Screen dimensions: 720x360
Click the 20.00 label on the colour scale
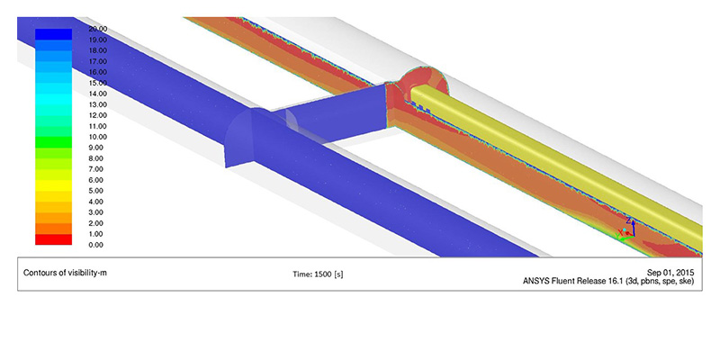tap(99, 29)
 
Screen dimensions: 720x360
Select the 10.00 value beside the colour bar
tap(99, 137)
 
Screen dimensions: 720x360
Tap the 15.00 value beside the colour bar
tap(99, 83)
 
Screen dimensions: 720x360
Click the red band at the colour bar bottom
tap(53, 239)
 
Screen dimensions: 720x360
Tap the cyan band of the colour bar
tap(53, 99)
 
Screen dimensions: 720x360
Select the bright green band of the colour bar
tap(53, 142)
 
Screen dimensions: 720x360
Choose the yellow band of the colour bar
tap(53, 185)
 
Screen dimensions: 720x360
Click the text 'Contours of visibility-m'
tap(65, 273)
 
